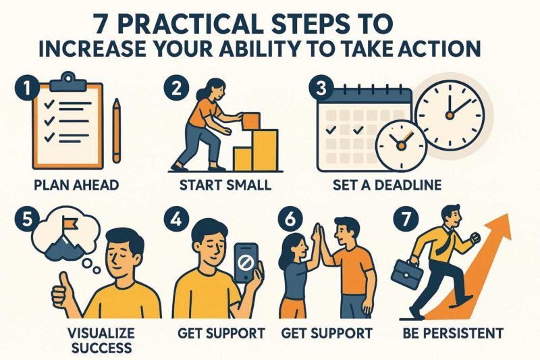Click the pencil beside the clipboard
(117, 130)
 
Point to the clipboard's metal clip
(68, 82)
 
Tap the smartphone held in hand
(246, 263)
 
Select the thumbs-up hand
(63, 293)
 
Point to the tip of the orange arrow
(508, 214)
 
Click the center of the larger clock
(450, 115)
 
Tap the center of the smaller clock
(400, 146)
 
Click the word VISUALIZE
(101, 333)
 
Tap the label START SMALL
(225, 185)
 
